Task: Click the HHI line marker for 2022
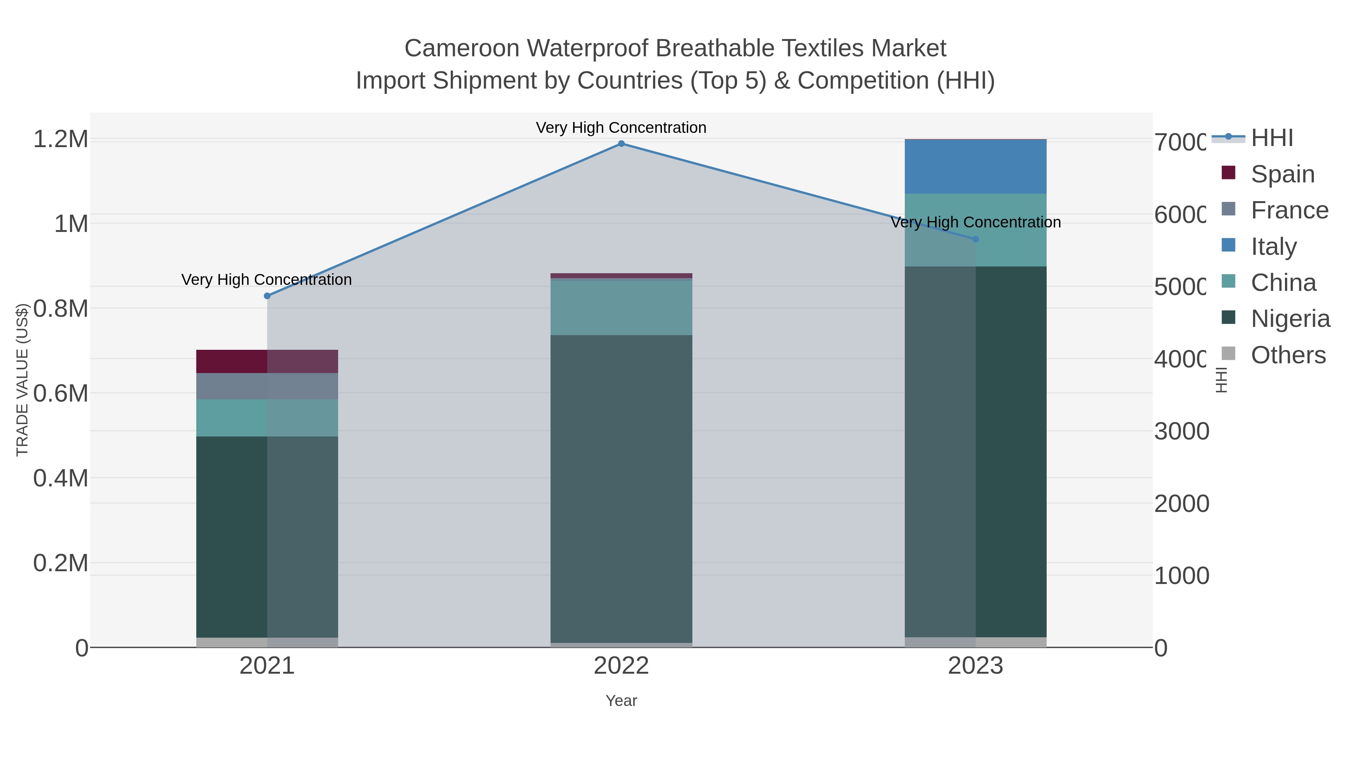pos(621,144)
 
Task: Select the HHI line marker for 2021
pos(267,296)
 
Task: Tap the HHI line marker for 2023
pos(975,239)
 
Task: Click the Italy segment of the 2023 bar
pos(975,167)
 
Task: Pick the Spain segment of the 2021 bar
pos(267,361)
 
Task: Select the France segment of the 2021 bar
pos(267,386)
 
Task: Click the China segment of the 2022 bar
pos(621,308)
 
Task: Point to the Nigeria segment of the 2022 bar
pos(621,488)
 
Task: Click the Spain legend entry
pos(1282,174)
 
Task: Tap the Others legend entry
pos(1288,355)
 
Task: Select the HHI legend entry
pos(1271,138)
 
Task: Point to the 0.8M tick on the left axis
pos(60,309)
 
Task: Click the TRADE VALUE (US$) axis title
pos(22,380)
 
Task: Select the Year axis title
pos(621,701)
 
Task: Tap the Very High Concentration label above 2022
pos(621,128)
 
